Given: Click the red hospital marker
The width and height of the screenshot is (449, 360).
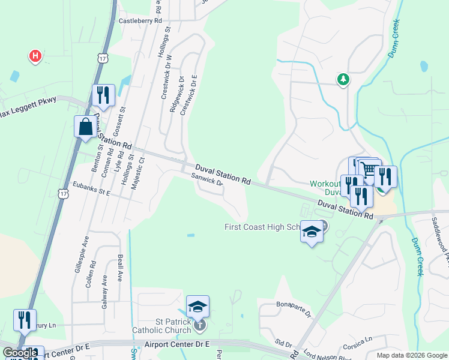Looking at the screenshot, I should [35, 56].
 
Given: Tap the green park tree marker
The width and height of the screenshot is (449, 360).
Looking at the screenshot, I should [343, 79].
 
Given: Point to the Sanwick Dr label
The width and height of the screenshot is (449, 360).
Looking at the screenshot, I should [207, 178].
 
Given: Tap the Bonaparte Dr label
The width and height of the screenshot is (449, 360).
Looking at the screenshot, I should [294, 308].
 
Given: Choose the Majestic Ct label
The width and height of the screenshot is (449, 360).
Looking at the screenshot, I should [142, 170].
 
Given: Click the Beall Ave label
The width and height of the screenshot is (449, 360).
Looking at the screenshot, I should [121, 268].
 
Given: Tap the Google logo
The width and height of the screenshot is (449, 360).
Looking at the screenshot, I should [19, 353].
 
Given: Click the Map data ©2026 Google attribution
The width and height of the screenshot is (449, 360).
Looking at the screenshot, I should [411, 355].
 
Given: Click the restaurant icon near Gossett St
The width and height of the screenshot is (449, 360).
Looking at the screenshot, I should [103, 95].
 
